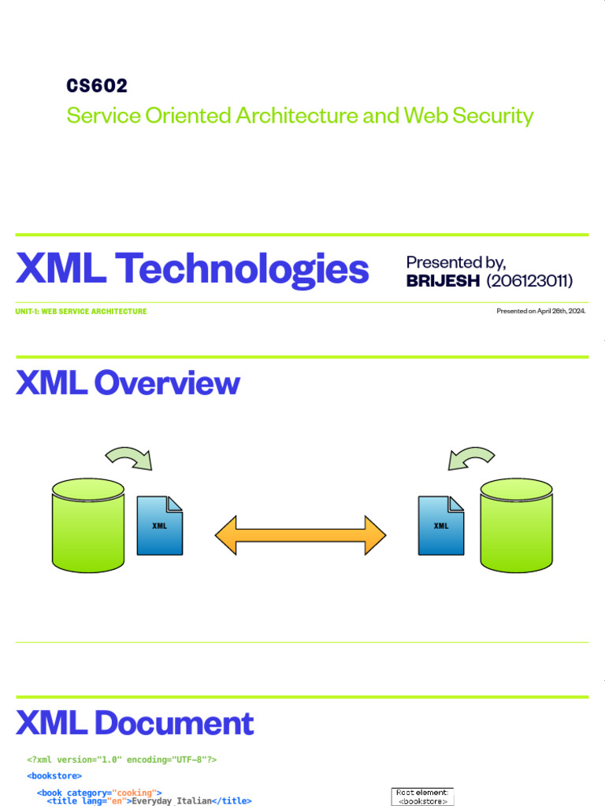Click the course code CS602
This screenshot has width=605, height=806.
(97, 86)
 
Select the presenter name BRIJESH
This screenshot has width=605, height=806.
(443, 281)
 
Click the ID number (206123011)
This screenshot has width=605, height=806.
(529, 281)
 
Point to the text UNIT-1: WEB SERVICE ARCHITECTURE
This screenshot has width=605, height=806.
(81, 312)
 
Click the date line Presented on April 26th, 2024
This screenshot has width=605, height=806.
(540, 312)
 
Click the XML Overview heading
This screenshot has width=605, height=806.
(128, 383)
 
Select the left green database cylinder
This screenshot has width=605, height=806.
(88, 524)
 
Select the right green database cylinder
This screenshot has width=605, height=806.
(516, 524)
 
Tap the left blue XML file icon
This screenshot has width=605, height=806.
(160, 526)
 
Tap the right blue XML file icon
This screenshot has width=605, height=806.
(440, 526)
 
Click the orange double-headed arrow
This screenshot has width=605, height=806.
(300, 536)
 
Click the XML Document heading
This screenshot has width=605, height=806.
(135, 723)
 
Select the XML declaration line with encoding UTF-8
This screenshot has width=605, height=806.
(122, 760)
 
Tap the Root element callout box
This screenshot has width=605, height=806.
(422, 797)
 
